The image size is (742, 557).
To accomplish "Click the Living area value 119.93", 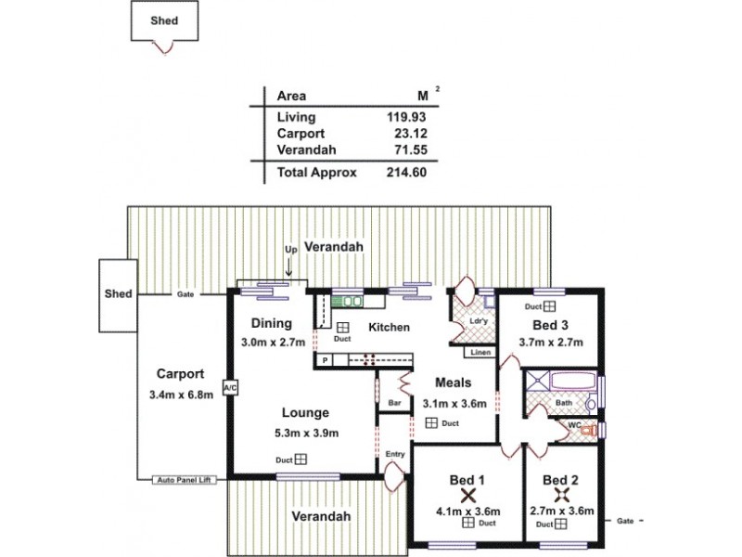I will [406, 117].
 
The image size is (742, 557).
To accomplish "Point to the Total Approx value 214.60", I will [406, 172].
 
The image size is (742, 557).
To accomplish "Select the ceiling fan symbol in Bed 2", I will [561, 497].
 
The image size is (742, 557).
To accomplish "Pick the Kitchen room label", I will [389, 328].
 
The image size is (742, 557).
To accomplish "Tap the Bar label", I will [393, 404].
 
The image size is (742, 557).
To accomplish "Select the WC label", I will [573, 426].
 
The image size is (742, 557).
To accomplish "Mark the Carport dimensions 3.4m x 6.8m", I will [180, 395].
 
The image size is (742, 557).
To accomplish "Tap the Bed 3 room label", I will [550, 325].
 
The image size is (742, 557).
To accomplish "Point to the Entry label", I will [395, 454].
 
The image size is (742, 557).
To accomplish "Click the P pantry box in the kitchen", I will [326, 359].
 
